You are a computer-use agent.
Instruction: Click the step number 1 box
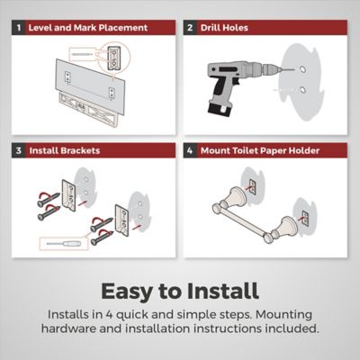[19, 28]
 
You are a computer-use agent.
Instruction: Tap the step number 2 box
[190, 28]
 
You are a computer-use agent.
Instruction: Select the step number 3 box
[19, 150]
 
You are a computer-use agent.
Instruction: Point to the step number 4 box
[190, 150]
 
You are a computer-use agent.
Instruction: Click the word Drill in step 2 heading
[210, 28]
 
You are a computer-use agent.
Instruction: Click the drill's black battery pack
[220, 108]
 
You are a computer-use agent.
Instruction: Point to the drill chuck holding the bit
[272, 69]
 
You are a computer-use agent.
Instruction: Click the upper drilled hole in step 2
[302, 69]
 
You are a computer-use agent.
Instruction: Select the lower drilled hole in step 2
[302, 90]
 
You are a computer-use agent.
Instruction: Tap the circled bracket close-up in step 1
[114, 57]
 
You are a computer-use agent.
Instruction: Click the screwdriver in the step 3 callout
[64, 244]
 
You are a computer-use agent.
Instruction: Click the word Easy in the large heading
[127, 292]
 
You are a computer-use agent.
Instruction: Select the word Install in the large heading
[222, 291]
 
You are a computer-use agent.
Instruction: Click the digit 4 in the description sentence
[109, 315]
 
